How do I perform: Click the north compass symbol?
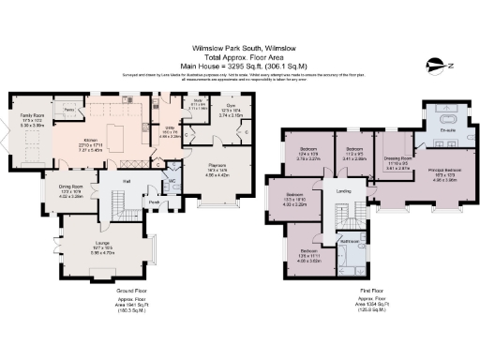pyautogui.click(x=435, y=66)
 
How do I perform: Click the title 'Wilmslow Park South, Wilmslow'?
pyautogui.click(x=240, y=43)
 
